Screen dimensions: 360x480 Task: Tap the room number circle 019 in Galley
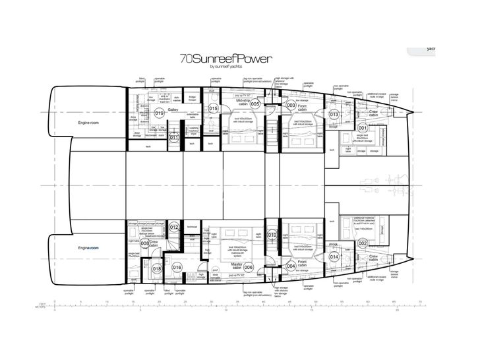point(158,113)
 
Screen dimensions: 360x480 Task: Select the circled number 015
point(213,108)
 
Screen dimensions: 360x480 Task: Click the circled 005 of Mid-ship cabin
point(255,104)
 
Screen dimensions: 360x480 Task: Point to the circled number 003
point(291,105)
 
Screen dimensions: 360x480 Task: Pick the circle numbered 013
point(334,115)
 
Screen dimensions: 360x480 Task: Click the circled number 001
point(362,128)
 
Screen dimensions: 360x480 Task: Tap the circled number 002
point(362,243)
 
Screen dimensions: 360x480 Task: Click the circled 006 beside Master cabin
point(249,267)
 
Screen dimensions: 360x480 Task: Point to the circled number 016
point(177,267)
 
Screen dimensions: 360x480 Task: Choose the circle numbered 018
point(157,268)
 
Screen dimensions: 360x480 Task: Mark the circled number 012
point(174,227)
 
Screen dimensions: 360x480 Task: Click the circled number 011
point(174,138)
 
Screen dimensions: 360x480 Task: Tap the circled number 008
point(145,243)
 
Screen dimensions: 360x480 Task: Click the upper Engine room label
point(79,123)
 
